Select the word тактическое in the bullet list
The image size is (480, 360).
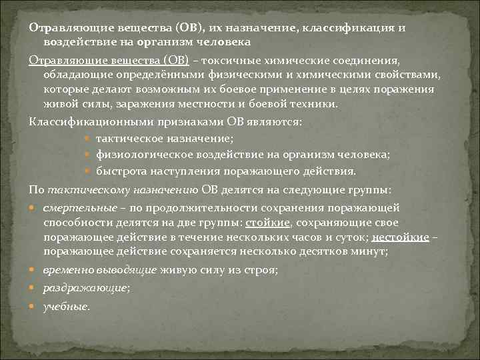[x=127, y=138]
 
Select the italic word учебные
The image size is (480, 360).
[x=65, y=307]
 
